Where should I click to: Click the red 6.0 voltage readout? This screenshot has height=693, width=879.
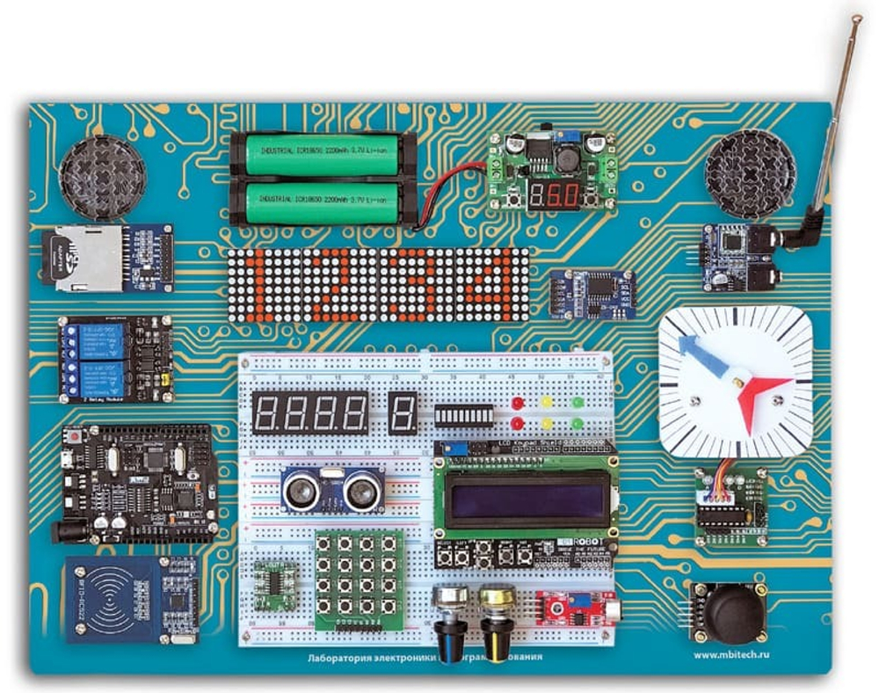point(553,195)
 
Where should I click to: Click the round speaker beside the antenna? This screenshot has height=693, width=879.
point(750,174)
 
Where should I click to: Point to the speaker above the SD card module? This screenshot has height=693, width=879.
point(102,177)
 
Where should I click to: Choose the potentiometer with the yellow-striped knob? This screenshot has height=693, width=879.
point(495,621)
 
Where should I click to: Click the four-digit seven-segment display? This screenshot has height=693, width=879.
point(309,412)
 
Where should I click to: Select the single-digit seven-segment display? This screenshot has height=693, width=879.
point(403,412)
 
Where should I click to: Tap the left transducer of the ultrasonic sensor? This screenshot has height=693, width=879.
point(301,489)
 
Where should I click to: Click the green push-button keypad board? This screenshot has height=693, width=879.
point(359,578)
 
